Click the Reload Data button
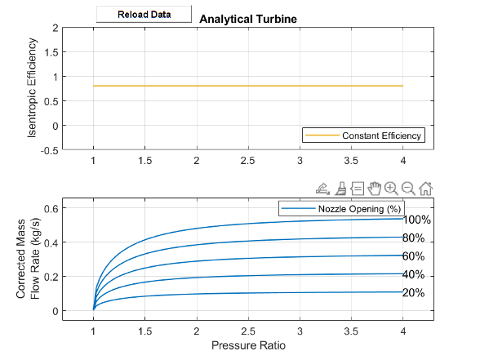pos(144,14)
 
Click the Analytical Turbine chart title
pos(247,18)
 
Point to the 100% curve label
pos(416,220)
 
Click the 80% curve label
pos(413,238)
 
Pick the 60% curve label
pos(413,256)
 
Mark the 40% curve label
pos(413,274)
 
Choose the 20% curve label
pos(413,293)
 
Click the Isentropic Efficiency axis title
pos(33,88)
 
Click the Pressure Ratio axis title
pos(248,345)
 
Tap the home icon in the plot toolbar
pos(425,188)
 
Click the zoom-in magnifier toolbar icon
pos(391,188)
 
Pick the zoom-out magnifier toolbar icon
pos(408,188)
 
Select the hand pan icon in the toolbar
pos(375,188)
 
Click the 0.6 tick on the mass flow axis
pos(49,208)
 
